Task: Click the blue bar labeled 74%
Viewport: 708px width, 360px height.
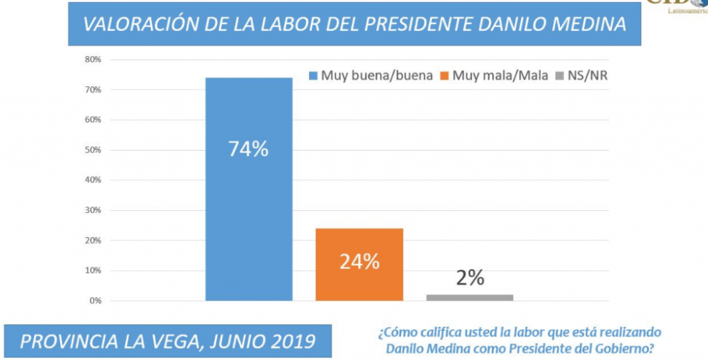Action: pos(249,207)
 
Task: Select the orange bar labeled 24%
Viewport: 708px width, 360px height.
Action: pos(360,276)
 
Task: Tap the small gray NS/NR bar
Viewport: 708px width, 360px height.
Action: pos(470,297)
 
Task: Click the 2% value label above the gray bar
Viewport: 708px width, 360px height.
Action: pos(470,278)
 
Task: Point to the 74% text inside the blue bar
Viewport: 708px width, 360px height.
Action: pos(249,149)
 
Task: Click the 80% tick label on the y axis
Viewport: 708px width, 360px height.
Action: pos(93,59)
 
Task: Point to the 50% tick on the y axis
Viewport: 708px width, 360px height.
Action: pos(93,150)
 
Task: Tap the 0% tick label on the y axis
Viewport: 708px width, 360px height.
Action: pos(95,301)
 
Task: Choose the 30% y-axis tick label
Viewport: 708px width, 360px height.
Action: pos(93,210)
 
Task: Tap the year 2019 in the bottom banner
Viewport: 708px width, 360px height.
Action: pos(291,341)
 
